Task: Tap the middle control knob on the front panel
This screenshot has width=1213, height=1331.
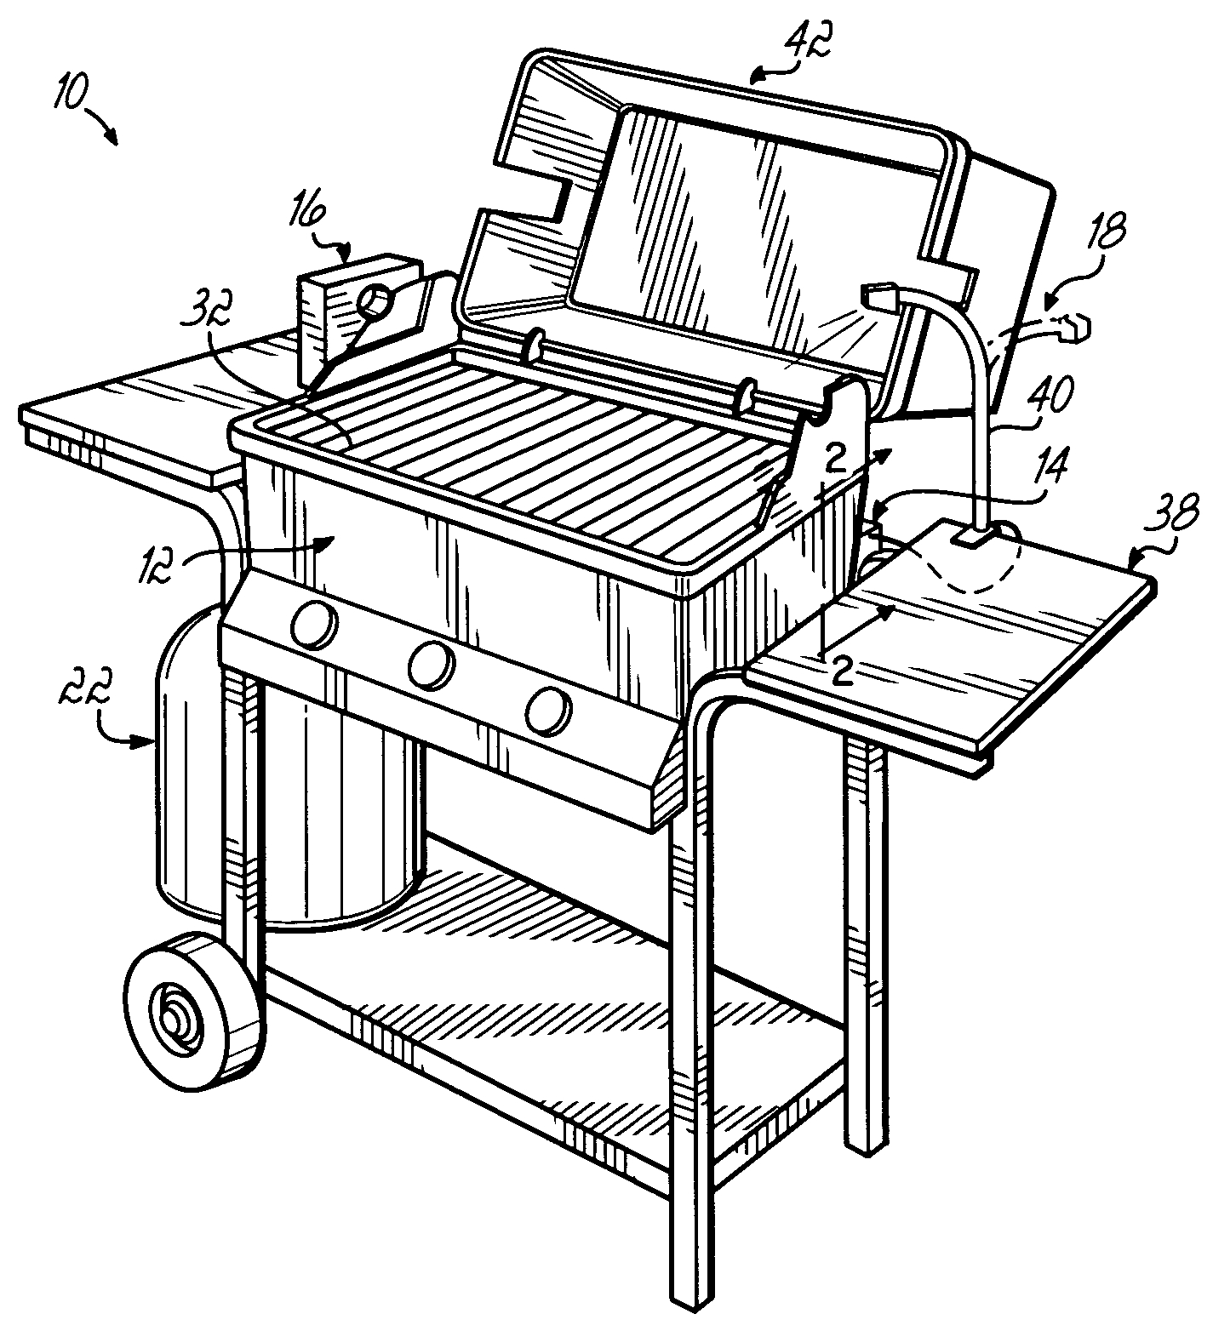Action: [429, 665]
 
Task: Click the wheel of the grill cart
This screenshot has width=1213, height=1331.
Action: [192, 1010]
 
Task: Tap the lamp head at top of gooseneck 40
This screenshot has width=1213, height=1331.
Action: [882, 295]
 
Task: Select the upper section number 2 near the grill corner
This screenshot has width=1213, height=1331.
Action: [836, 460]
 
